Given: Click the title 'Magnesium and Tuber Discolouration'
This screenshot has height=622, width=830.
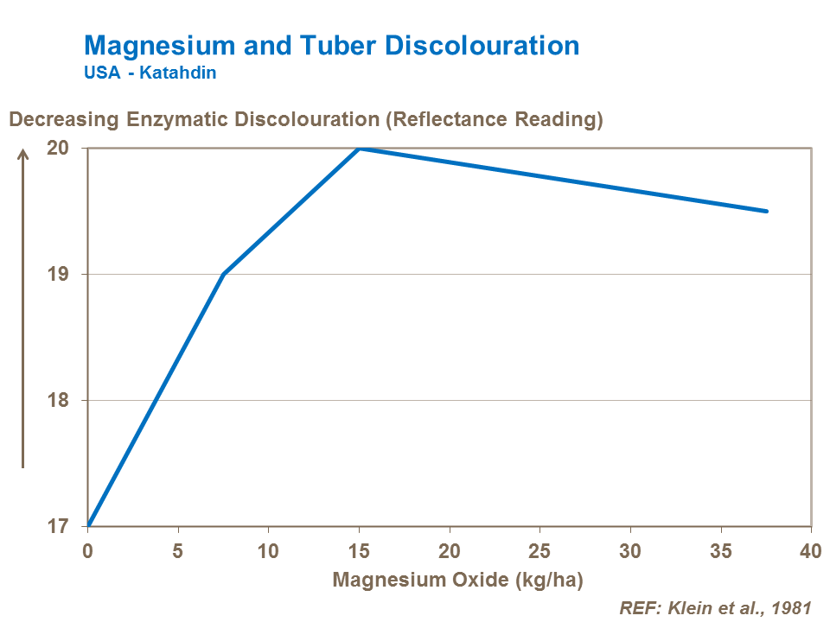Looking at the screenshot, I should tap(331, 46).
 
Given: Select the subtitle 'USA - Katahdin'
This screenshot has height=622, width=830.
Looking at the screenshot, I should tap(150, 73).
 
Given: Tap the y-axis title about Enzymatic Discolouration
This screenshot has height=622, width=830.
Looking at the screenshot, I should tap(305, 119).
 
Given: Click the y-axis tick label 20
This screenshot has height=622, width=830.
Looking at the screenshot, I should tap(56, 148).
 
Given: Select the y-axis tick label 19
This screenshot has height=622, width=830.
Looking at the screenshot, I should tap(56, 275).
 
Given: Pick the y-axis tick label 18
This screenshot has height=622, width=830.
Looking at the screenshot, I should tap(56, 401).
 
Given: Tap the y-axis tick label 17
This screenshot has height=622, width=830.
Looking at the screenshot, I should tap(56, 526).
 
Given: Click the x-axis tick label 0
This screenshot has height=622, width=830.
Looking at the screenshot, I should tap(87, 551).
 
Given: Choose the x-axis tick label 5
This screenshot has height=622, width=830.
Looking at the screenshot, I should tap(178, 551).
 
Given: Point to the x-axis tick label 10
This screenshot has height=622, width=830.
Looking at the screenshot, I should tap(268, 551).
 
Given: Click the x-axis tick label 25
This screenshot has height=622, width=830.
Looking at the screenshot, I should tap(539, 551).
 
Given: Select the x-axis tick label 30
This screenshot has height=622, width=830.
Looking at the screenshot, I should tap(630, 551).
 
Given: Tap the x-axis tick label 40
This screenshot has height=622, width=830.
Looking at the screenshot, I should tap(810, 551).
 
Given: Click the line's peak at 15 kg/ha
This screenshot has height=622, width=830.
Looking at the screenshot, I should tap(359, 148).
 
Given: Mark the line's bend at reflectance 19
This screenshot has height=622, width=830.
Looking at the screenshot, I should tap(223, 275).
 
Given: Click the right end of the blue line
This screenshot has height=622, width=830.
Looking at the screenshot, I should tap(766, 211).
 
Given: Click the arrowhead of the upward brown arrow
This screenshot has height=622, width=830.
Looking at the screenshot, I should tap(23, 154).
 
